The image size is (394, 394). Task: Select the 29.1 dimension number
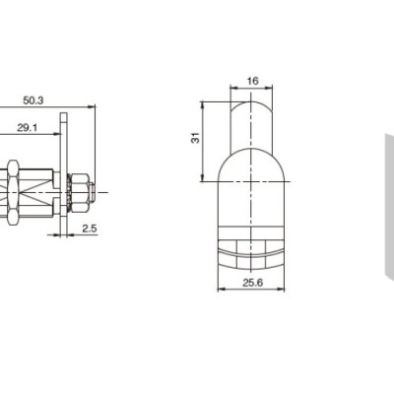(28, 128)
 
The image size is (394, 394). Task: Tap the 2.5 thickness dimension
(89, 228)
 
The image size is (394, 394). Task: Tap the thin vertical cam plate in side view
(66, 177)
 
